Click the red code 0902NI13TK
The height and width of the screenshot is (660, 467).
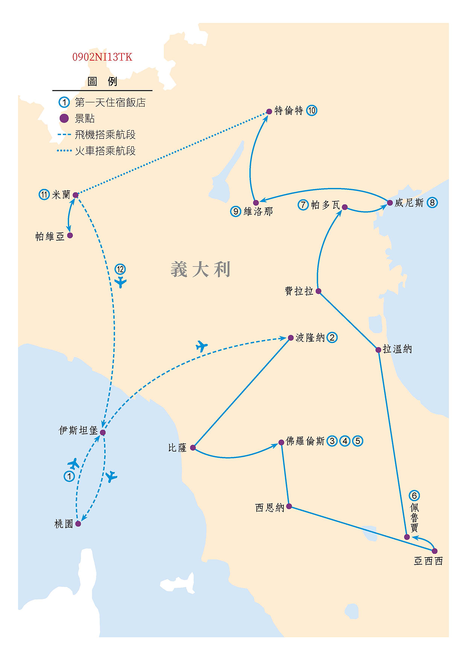102,57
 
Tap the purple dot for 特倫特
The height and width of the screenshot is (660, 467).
269,111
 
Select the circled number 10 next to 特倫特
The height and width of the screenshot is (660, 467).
312,111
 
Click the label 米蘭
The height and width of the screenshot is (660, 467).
61,195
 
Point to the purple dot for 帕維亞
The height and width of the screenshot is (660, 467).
70,236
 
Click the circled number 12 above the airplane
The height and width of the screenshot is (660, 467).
120,269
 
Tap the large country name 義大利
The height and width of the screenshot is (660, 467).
200,269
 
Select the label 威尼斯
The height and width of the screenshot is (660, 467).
409,203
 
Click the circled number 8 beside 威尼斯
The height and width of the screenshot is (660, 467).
432,203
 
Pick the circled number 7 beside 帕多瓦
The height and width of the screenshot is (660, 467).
303,205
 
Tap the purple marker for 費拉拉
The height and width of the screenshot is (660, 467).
318,291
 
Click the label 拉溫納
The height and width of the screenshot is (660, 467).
397,349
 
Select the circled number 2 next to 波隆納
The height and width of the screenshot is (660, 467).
332,338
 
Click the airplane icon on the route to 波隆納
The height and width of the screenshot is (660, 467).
202,346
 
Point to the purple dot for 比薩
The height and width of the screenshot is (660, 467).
193,447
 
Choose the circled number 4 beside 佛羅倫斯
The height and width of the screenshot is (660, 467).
345,441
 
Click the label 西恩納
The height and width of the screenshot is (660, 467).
269,508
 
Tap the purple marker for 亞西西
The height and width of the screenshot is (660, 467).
435,551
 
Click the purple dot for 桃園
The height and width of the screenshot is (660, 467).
78,523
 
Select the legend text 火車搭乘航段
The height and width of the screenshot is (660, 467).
105,151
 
